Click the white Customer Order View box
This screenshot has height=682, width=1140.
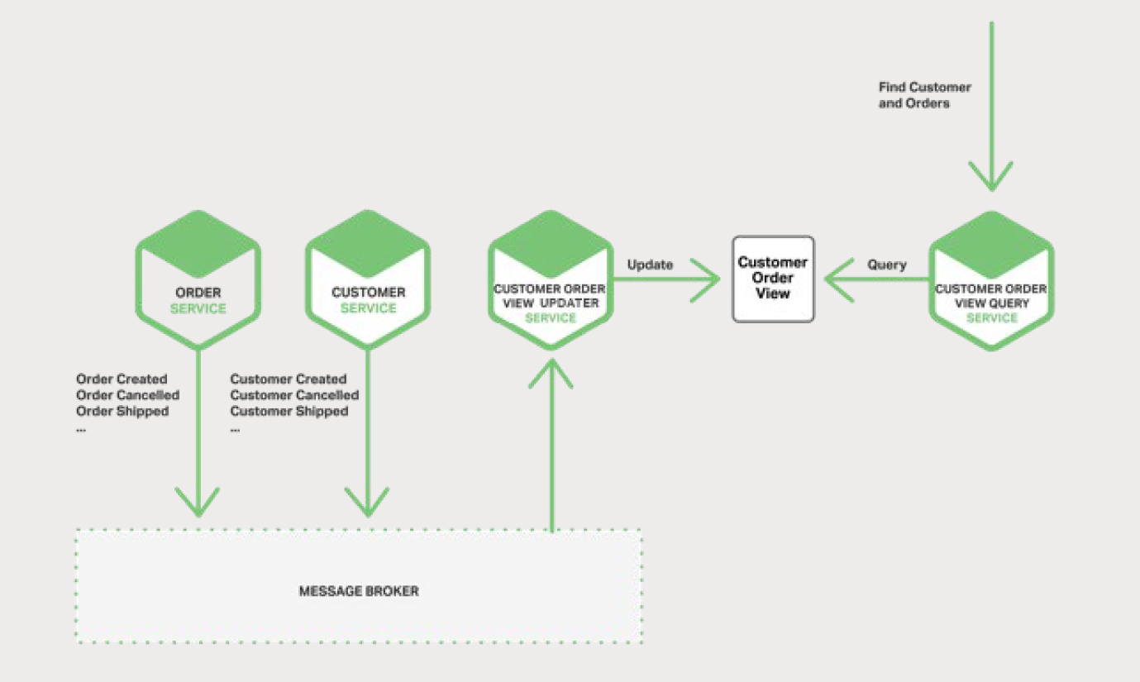(x=773, y=279)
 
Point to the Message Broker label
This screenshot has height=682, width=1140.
(x=358, y=591)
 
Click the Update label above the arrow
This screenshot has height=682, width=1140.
(x=650, y=265)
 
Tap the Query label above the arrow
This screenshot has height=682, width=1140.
(x=886, y=265)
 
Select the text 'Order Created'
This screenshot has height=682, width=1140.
(x=122, y=379)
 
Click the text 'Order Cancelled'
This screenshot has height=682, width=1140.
(x=127, y=395)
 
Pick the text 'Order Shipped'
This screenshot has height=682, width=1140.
(x=122, y=411)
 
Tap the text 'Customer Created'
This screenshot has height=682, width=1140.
(x=289, y=379)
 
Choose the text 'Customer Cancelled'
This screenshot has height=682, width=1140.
(x=294, y=395)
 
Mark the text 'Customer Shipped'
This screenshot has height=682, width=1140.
(x=289, y=411)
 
